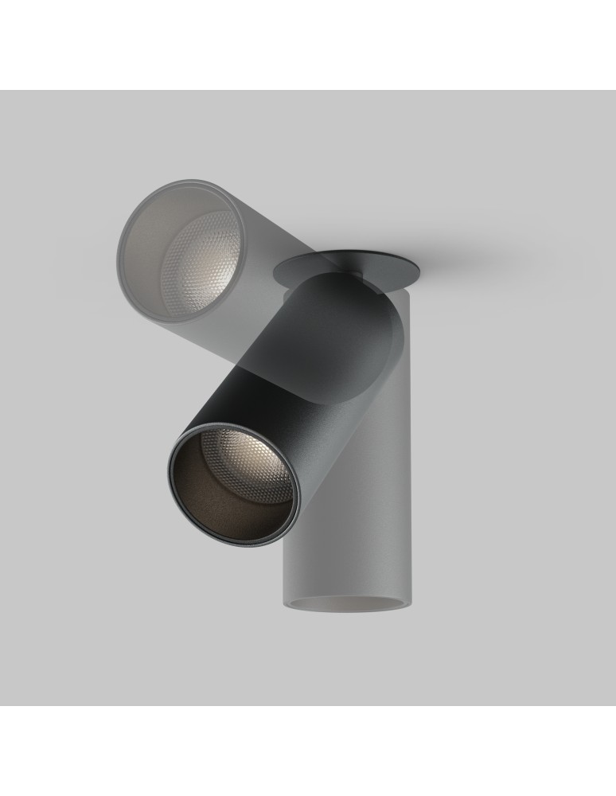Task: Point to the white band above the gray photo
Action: [x=308, y=44]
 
